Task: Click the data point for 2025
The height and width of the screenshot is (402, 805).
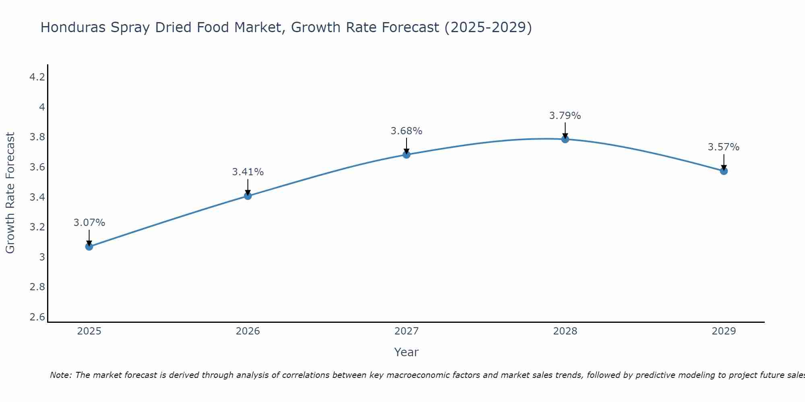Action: (x=89, y=246)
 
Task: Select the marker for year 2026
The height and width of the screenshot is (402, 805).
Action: (x=248, y=196)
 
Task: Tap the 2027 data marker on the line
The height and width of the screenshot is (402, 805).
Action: (x=407, y=155)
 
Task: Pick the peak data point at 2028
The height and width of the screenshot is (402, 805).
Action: (x=565, y=139)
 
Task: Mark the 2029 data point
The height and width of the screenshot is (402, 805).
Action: (x=724, y=171)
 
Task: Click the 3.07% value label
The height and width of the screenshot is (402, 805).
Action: (x=89, y=223)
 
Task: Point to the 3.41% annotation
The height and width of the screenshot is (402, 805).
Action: (x=248, y=172)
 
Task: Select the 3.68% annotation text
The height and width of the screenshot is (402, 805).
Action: (x=407, y=131)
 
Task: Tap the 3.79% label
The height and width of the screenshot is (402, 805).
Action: (x=565, y=116)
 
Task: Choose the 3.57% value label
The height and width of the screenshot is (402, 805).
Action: (x=724, y=147)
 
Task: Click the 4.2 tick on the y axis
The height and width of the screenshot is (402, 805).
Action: (x=37, y=77)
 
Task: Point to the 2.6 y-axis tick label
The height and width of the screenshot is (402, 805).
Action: (x=37, y=317)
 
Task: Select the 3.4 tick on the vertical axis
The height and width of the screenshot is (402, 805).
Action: (x=37, y=197)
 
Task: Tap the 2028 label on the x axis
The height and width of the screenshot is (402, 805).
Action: (x=565, y=331)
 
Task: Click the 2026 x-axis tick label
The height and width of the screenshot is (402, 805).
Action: (x=248, y=331)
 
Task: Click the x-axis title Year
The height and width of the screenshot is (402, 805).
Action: (x=407, y=352)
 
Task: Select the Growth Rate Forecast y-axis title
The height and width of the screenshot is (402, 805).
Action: (x=10, y=193)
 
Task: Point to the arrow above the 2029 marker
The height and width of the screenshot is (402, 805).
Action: (x=724, y=162)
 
